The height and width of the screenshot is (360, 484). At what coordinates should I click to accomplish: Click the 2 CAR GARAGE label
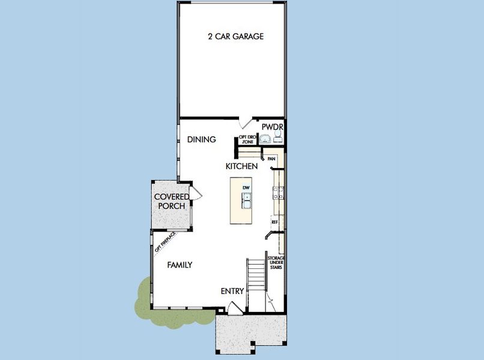pos(235,37)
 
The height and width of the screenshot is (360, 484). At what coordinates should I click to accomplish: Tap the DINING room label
pos(201,140)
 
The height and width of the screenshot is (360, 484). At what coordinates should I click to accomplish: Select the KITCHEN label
pos(242,166)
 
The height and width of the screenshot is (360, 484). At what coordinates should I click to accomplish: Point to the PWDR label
pos(272,128)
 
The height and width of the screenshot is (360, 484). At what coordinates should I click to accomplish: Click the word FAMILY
pos(180,265)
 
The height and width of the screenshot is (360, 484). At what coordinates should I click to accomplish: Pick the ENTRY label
pos(232,292)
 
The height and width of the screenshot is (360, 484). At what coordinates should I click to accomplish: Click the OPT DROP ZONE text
pos(248,139)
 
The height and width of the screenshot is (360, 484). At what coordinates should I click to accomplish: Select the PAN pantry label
pos(271,158)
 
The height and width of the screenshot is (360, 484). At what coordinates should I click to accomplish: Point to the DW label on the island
pos(246,188)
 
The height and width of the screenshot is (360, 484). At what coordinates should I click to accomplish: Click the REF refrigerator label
pos(274,222)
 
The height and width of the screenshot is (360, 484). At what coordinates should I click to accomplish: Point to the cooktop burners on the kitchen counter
pos(279,193)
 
